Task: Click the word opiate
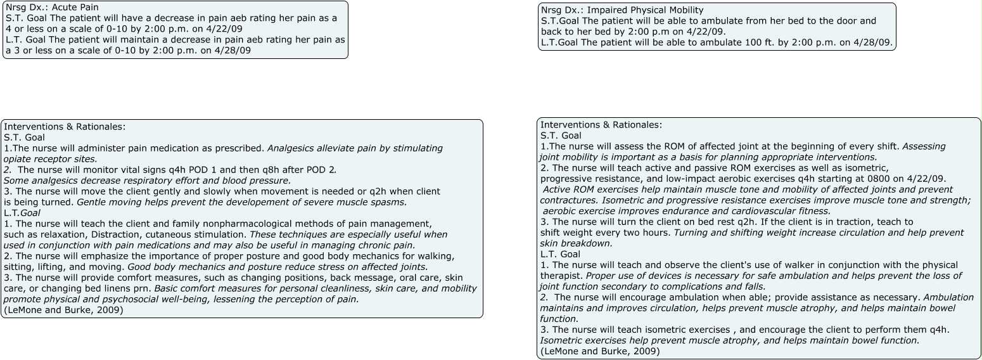pyautogui.click(x=18, y=159)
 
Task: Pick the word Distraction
pyautogui.click(x=112, y=235)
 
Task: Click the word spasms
pyautogui.click(x=390, y=202)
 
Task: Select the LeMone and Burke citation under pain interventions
pyautogui.click(x=63, y=310)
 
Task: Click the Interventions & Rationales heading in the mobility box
pyautogui.click(x=601, y=125)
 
